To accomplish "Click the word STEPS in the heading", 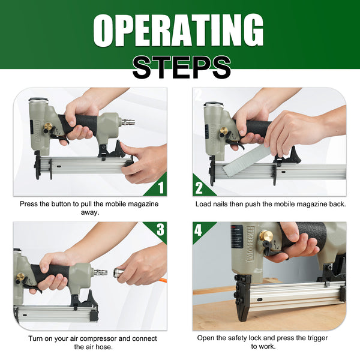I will pyautogui.click(x=181, y=67).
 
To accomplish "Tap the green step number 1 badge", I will pyautogui.click(x=160, y=188).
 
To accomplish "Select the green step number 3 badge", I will pyautogui.click(x=160, y=229).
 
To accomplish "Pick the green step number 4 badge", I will pyautogui.click(x=199, y=229).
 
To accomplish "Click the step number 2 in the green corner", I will pyautogui.click(x=199, y=188).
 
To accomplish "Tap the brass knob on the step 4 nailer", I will pyautogui.click(x=266, y=236).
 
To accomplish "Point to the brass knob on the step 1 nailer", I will pyautogui.click(x=47, y=127).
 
